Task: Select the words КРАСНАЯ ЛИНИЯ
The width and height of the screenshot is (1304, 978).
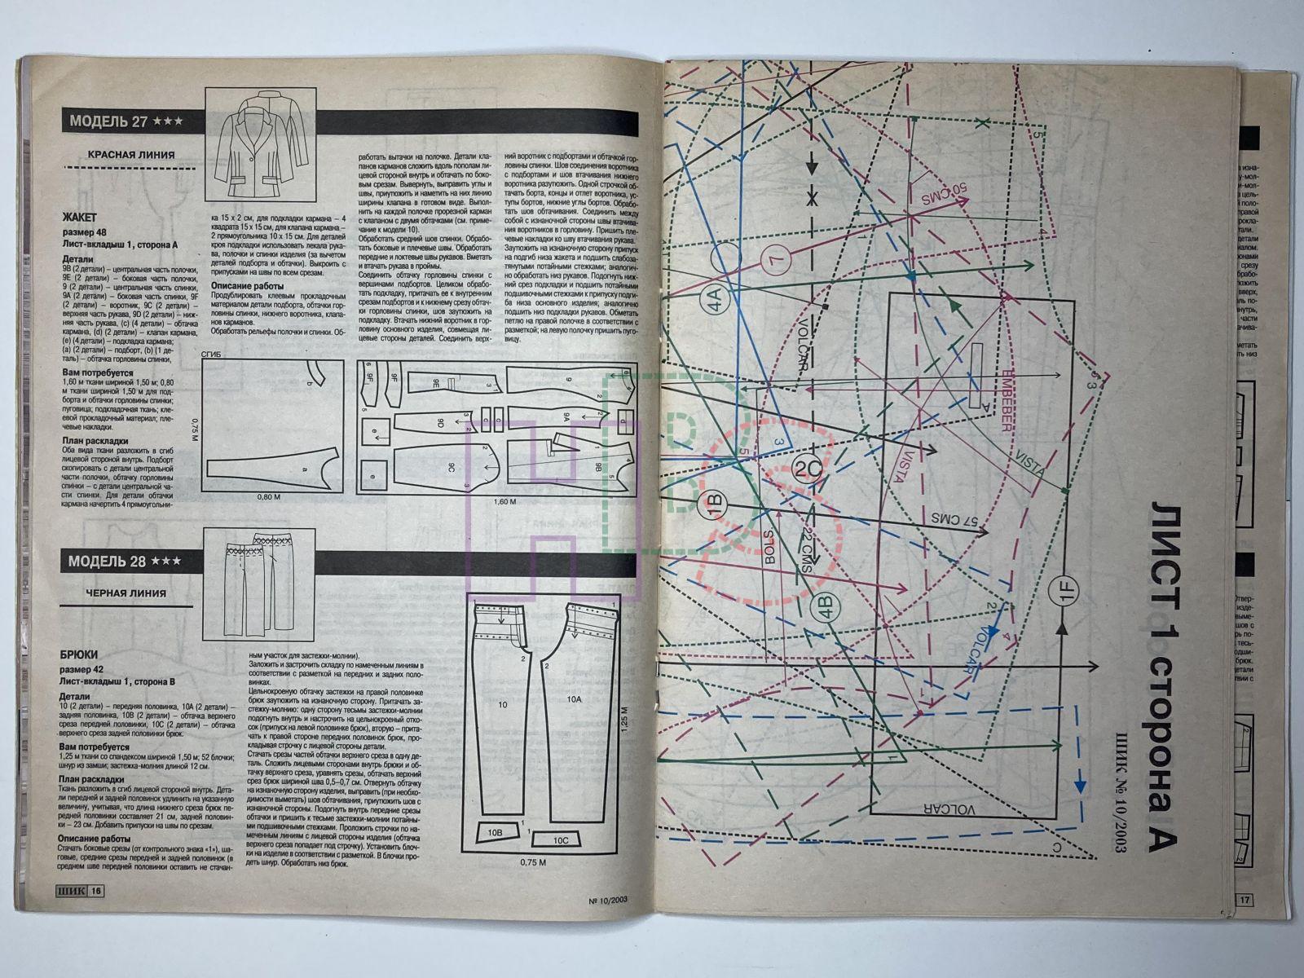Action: [x=130, y=155]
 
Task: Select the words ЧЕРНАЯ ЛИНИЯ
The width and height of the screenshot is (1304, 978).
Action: [x=126, y=593]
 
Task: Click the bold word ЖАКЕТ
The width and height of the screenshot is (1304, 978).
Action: [x=80, y=218]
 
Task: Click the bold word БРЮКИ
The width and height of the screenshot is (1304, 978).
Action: [x=79, y=654]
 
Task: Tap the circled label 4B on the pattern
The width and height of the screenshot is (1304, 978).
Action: [x=825, y=608]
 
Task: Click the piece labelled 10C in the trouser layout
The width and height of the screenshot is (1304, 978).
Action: [x=561, y=839]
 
